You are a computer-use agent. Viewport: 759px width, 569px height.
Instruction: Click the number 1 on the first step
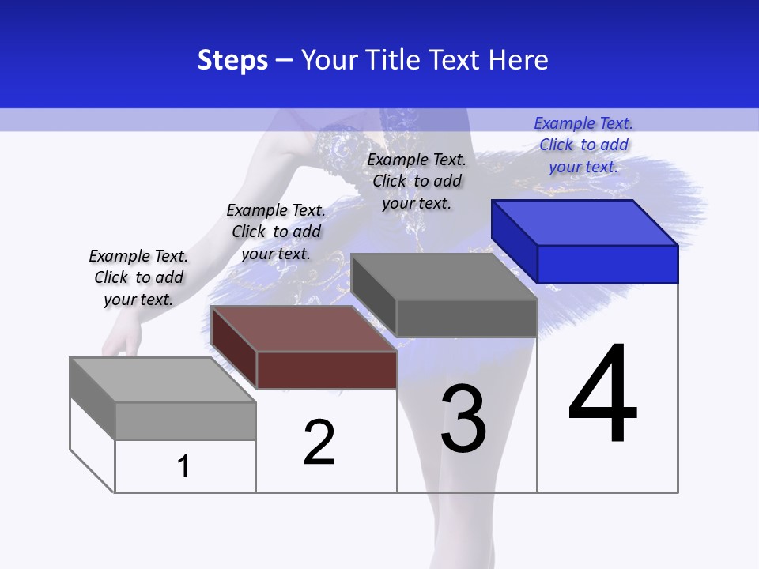pyautogui.click(x=183, y=466)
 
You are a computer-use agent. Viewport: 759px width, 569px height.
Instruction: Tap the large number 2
pyautogui.click(x=319, y=442)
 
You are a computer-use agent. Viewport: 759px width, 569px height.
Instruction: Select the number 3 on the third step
pyautogui.click(x=463, y=419)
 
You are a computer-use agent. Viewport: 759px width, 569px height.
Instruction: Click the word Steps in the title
pyautogui.click(x=232, y=60)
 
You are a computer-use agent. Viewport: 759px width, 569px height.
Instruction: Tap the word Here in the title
pyautogui.click(x=519, y=60)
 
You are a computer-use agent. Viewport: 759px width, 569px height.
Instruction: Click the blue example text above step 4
pyautogui.click(x=583, y=145)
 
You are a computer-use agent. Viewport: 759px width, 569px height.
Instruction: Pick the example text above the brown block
pyautogui.click(x=276, y=232)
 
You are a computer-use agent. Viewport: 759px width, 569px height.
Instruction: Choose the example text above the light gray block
pyautogui.click(x=138, y=277)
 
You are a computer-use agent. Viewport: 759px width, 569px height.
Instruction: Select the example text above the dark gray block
pyautogui.click(x=417, y=181)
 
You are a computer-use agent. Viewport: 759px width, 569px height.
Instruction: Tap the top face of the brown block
pyautogui.click(x=304, y=329)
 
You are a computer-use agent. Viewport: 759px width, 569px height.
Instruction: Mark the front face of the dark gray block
pyautogui.click(x=466, y=318)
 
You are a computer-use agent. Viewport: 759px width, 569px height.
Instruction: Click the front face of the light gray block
pyautogui.click(x=186, y=420)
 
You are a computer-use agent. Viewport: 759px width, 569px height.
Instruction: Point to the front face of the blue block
pyautogui.click(x=607, y=264)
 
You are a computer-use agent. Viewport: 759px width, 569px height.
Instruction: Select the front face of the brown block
pyautogui.click(x=327, y=370)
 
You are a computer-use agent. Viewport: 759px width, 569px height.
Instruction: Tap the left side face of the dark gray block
pyautogui.click(x=373, y=293)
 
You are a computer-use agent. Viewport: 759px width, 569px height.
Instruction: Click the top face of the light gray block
pyautogui.click(x=163, y=380)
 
